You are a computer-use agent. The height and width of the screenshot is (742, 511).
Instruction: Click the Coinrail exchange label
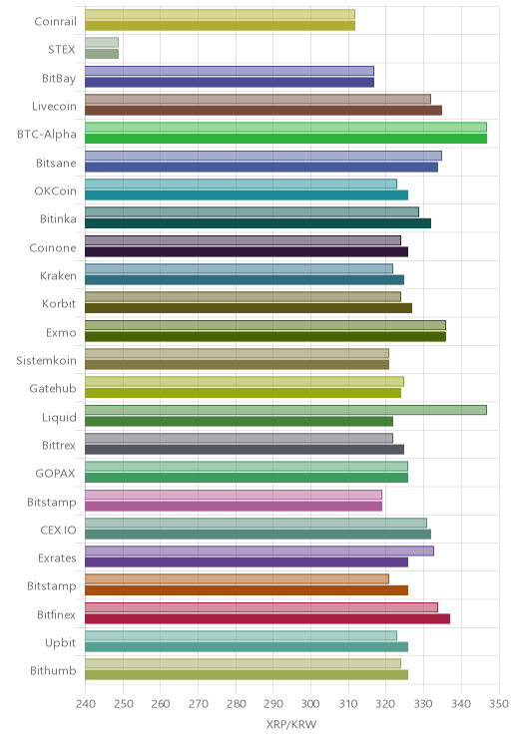(55, 21)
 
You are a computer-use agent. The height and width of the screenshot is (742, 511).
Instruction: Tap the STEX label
(62, 49)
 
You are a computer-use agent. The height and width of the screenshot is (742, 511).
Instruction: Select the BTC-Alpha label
(47, 135)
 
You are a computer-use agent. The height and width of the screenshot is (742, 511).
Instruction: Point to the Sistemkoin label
(46, 361)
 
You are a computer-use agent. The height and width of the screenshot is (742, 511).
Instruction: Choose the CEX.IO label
(58, 530)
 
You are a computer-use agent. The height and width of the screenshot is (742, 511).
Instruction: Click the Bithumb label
(53, 670)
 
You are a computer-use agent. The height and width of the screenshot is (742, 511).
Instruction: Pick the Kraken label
(58, 276)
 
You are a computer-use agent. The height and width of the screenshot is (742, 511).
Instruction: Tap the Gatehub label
(53, 389)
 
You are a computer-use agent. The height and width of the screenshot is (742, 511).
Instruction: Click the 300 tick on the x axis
(310, 704)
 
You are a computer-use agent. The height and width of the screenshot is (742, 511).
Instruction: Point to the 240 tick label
(85, 704)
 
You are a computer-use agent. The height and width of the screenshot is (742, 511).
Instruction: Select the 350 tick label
(499, 704)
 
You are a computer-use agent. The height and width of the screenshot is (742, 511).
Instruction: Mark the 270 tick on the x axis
(198, 704)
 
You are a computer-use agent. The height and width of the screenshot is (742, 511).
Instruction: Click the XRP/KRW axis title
(290, 724)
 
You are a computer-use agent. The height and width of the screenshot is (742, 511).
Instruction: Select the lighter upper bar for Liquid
(285, 410)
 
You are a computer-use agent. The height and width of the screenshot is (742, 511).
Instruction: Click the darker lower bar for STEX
(102, 54)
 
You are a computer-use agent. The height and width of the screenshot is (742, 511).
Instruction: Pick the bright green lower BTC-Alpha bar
(285, 139)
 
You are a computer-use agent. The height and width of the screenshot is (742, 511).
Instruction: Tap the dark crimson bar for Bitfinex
(267, 618)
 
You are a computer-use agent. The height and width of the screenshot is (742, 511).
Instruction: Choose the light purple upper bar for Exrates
(259, 551)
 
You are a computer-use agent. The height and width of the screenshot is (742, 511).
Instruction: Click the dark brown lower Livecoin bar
(263, 111)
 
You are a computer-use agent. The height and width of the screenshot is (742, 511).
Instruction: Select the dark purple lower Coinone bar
(247, 251)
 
